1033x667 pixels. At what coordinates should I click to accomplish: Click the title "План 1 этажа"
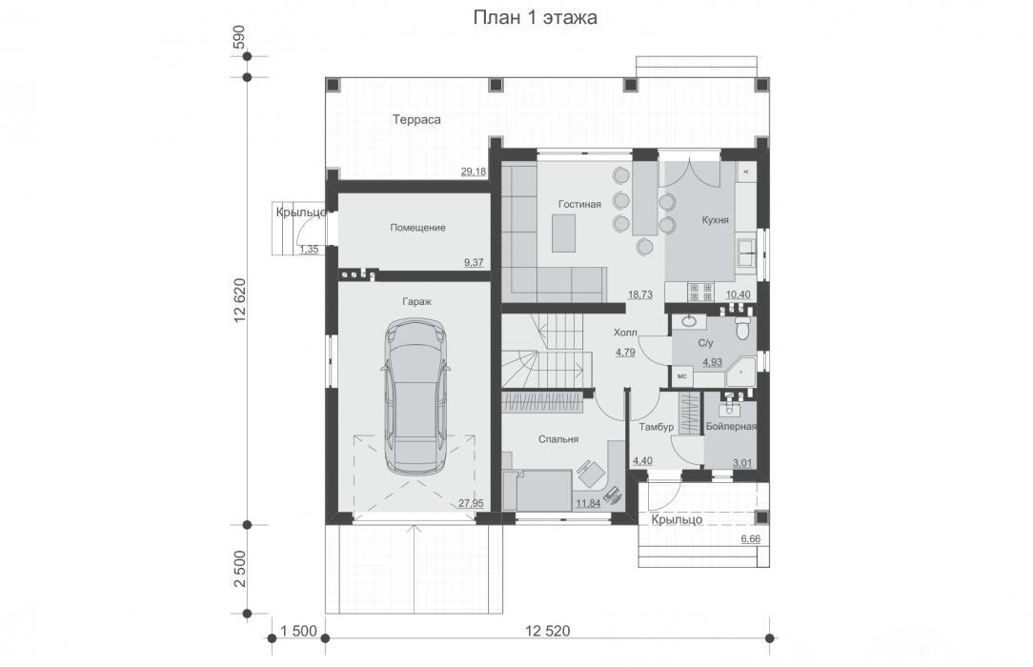[535, 17]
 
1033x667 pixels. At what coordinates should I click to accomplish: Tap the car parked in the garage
[415, 396]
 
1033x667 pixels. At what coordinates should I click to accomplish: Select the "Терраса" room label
[416, 120]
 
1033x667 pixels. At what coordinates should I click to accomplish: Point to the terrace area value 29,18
[473, 172]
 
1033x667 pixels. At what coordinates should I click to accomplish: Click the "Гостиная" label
[579, 204]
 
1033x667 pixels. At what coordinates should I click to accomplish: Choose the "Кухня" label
[716, 220]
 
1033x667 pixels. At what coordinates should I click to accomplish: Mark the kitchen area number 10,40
[738, 294]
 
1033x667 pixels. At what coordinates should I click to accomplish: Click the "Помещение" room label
[417, 228]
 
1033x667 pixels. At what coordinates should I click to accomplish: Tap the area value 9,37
[474, 262]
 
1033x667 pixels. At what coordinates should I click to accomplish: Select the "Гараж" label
[417, 301]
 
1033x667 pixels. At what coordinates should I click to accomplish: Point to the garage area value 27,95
[471, 503]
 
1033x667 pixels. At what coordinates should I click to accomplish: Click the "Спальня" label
[558, 439]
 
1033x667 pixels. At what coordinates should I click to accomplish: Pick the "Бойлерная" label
[731, 427]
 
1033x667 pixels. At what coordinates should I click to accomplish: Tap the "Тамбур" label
[657, 427]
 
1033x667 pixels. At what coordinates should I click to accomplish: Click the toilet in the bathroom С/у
[742, 327]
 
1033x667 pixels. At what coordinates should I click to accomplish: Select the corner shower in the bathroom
[740, 372]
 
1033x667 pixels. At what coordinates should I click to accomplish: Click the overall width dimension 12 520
[547, 631]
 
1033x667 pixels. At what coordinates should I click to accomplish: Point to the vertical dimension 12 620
[239, 300]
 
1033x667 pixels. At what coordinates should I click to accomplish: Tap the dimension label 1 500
[298, 631]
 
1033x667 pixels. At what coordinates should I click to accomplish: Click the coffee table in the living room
[564, 233]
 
